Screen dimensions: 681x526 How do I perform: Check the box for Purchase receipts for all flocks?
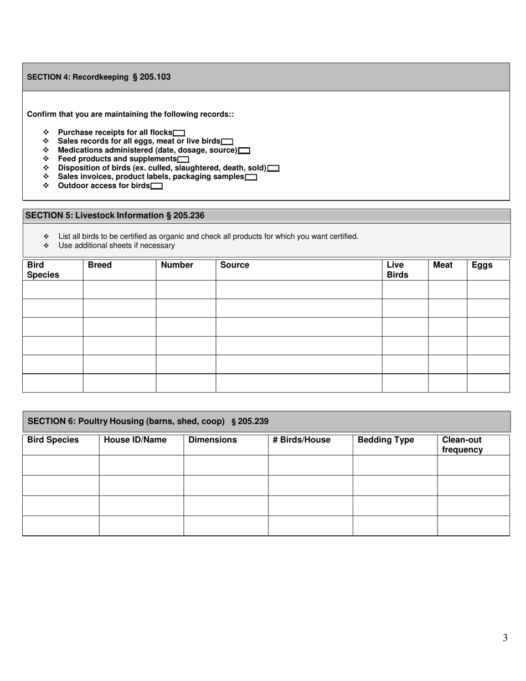pos(179,133)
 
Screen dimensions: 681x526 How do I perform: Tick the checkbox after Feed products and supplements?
pos(183,159)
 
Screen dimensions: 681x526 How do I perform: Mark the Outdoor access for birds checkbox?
pos(157,186)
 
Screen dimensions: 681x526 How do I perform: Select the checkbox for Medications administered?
pos(244,151)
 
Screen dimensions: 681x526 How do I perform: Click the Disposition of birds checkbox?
pos(273,168)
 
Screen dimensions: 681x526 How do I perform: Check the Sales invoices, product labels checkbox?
pos(251,177)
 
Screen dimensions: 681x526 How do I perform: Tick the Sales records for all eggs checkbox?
pos(227,142)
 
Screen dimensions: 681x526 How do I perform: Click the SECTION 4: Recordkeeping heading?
pos(99,77)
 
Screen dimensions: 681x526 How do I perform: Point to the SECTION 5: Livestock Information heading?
pos(115,215)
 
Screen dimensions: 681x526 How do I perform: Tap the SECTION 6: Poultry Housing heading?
pos(148,421)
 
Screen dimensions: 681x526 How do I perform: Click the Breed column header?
pos(100,265)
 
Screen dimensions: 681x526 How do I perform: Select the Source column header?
pos(235,265)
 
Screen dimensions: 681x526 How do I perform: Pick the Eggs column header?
pos(482,265)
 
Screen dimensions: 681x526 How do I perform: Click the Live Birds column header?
pos(397,270)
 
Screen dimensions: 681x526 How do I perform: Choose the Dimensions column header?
pos(213,440)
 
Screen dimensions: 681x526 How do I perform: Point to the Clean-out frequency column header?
pos(462,445)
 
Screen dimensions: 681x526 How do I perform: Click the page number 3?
pos(505,638)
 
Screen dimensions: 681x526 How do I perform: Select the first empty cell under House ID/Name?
pos(141,465)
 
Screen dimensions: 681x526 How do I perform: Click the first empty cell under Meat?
pos(447,290)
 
